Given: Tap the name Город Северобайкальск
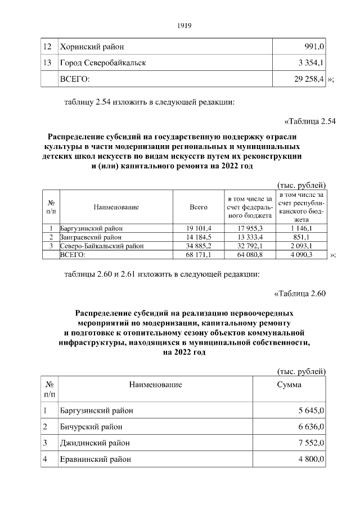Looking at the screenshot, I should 103,63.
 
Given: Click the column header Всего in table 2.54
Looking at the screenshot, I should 199,207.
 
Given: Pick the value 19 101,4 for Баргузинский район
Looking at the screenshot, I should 199,228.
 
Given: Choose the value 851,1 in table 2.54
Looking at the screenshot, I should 303,237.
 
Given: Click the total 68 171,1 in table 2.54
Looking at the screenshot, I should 199,255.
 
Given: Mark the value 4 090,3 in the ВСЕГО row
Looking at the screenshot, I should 303,255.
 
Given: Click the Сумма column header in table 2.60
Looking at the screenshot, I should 289,385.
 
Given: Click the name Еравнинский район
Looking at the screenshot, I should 96,460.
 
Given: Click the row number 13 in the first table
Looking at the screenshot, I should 47,63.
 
